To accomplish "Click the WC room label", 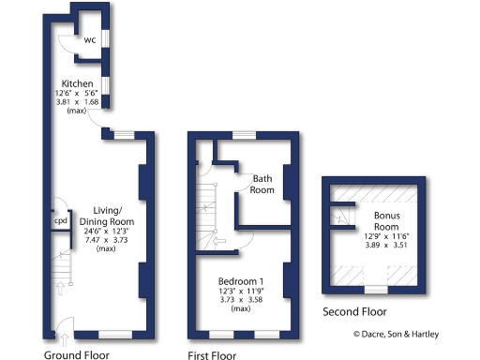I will [x=91, y=40].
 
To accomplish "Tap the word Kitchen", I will [x=78, y=83].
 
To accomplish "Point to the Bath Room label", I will [x=262, y=183].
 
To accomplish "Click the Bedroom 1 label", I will [x=242, y=282].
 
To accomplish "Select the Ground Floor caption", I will [x=77, y=354].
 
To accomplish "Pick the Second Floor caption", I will [x=354, y=311].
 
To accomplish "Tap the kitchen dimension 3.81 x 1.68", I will [x=78, y=103].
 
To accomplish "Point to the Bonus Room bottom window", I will [x=376, y=289].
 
